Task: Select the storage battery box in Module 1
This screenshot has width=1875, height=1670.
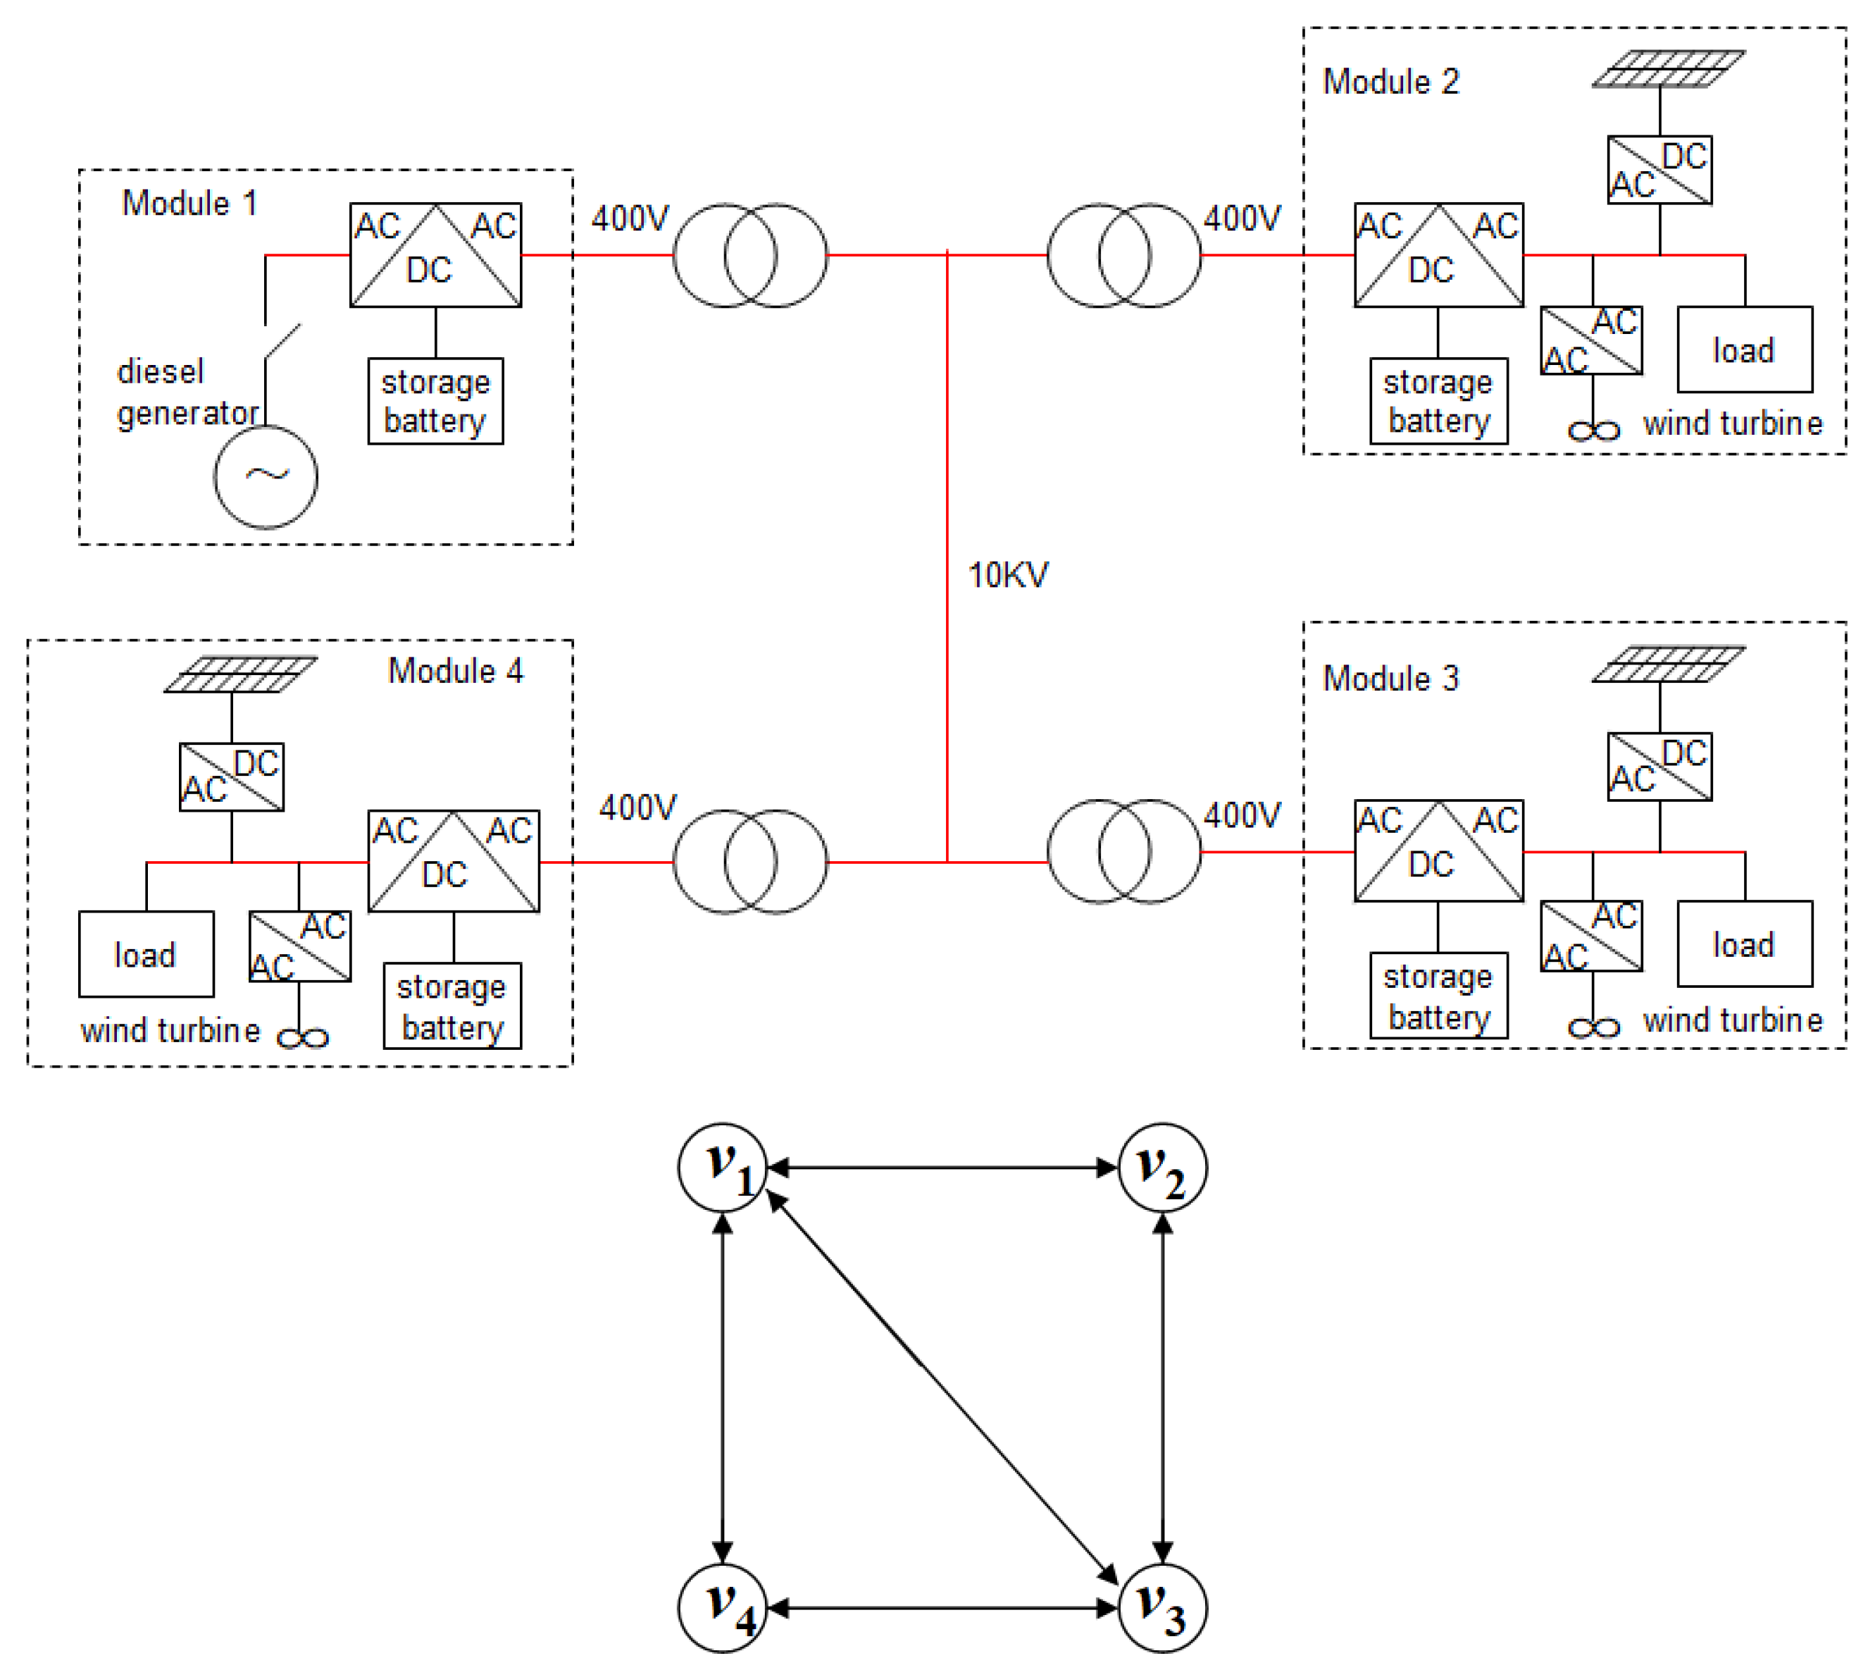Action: tap(436, 401)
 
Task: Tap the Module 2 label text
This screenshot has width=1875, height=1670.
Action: tap(1390, 82)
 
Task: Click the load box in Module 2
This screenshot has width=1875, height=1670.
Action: tap(1745, 350)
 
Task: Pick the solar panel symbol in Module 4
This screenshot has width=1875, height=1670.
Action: tap(240, 674)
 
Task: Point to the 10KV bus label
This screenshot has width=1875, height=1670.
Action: tap(1008, 575)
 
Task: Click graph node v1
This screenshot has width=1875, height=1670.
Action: tap(723, 1168)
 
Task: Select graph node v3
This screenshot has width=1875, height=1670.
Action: tap(1163, 1607)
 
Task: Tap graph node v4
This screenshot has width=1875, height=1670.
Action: tap(723, 1607)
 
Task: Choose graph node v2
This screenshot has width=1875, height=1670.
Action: tap(1163, 1168)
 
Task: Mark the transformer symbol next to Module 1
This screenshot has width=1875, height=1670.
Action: tap(750, 255)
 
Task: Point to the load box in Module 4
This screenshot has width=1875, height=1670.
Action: tap(147, 954)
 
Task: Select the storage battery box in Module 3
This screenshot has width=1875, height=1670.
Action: tap(1439, 996)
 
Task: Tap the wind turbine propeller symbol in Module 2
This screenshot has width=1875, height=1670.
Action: tap(1594, 431)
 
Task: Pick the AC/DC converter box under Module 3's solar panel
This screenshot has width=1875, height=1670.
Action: tap(1659, 766)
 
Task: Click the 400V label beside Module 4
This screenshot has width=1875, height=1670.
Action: tap(637, 808)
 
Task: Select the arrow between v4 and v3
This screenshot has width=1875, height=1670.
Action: tap(943, 1607)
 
